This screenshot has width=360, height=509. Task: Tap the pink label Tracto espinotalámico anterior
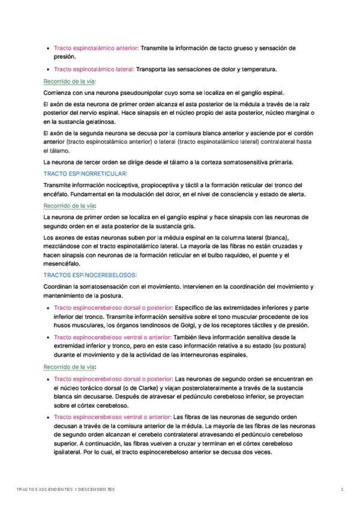point(96,48)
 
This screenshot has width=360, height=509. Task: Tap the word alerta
point(294,194)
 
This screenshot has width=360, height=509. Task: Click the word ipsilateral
point(60,453)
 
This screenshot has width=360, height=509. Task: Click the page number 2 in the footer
point(342,490)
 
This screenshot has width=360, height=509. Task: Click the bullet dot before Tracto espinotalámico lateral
point(48,70)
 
